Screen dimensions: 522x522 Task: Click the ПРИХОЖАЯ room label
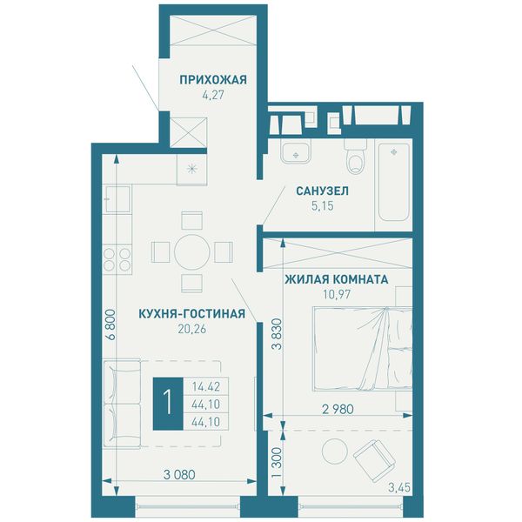coord(213,80)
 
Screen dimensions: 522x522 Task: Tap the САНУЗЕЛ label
coord(322,191)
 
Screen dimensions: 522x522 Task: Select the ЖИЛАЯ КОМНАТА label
coord(336,279)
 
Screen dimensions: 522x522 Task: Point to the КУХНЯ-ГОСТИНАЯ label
coord(191,313)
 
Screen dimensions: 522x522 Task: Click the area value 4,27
coord(213,95)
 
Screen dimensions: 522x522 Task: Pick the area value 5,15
coord(322,206)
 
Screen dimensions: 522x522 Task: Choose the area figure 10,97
coord(337,294)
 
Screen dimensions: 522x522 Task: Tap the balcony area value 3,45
coord(399,488)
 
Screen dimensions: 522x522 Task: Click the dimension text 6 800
coord(110,325)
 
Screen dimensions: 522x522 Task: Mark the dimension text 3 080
coord(179,474)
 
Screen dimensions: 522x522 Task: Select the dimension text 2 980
coord(338,409)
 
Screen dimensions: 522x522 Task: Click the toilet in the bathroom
coord(355,157)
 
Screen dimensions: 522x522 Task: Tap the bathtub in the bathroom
coord(393,183)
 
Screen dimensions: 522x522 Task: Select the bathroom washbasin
coord(296,151)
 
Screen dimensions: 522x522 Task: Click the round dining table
coord(191,252)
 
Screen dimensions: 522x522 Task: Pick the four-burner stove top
coord(117,259)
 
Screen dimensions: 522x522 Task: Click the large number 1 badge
coord(168,403)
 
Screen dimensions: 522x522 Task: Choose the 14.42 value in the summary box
coord(205,387)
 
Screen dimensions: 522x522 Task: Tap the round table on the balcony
coord(335,451)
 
